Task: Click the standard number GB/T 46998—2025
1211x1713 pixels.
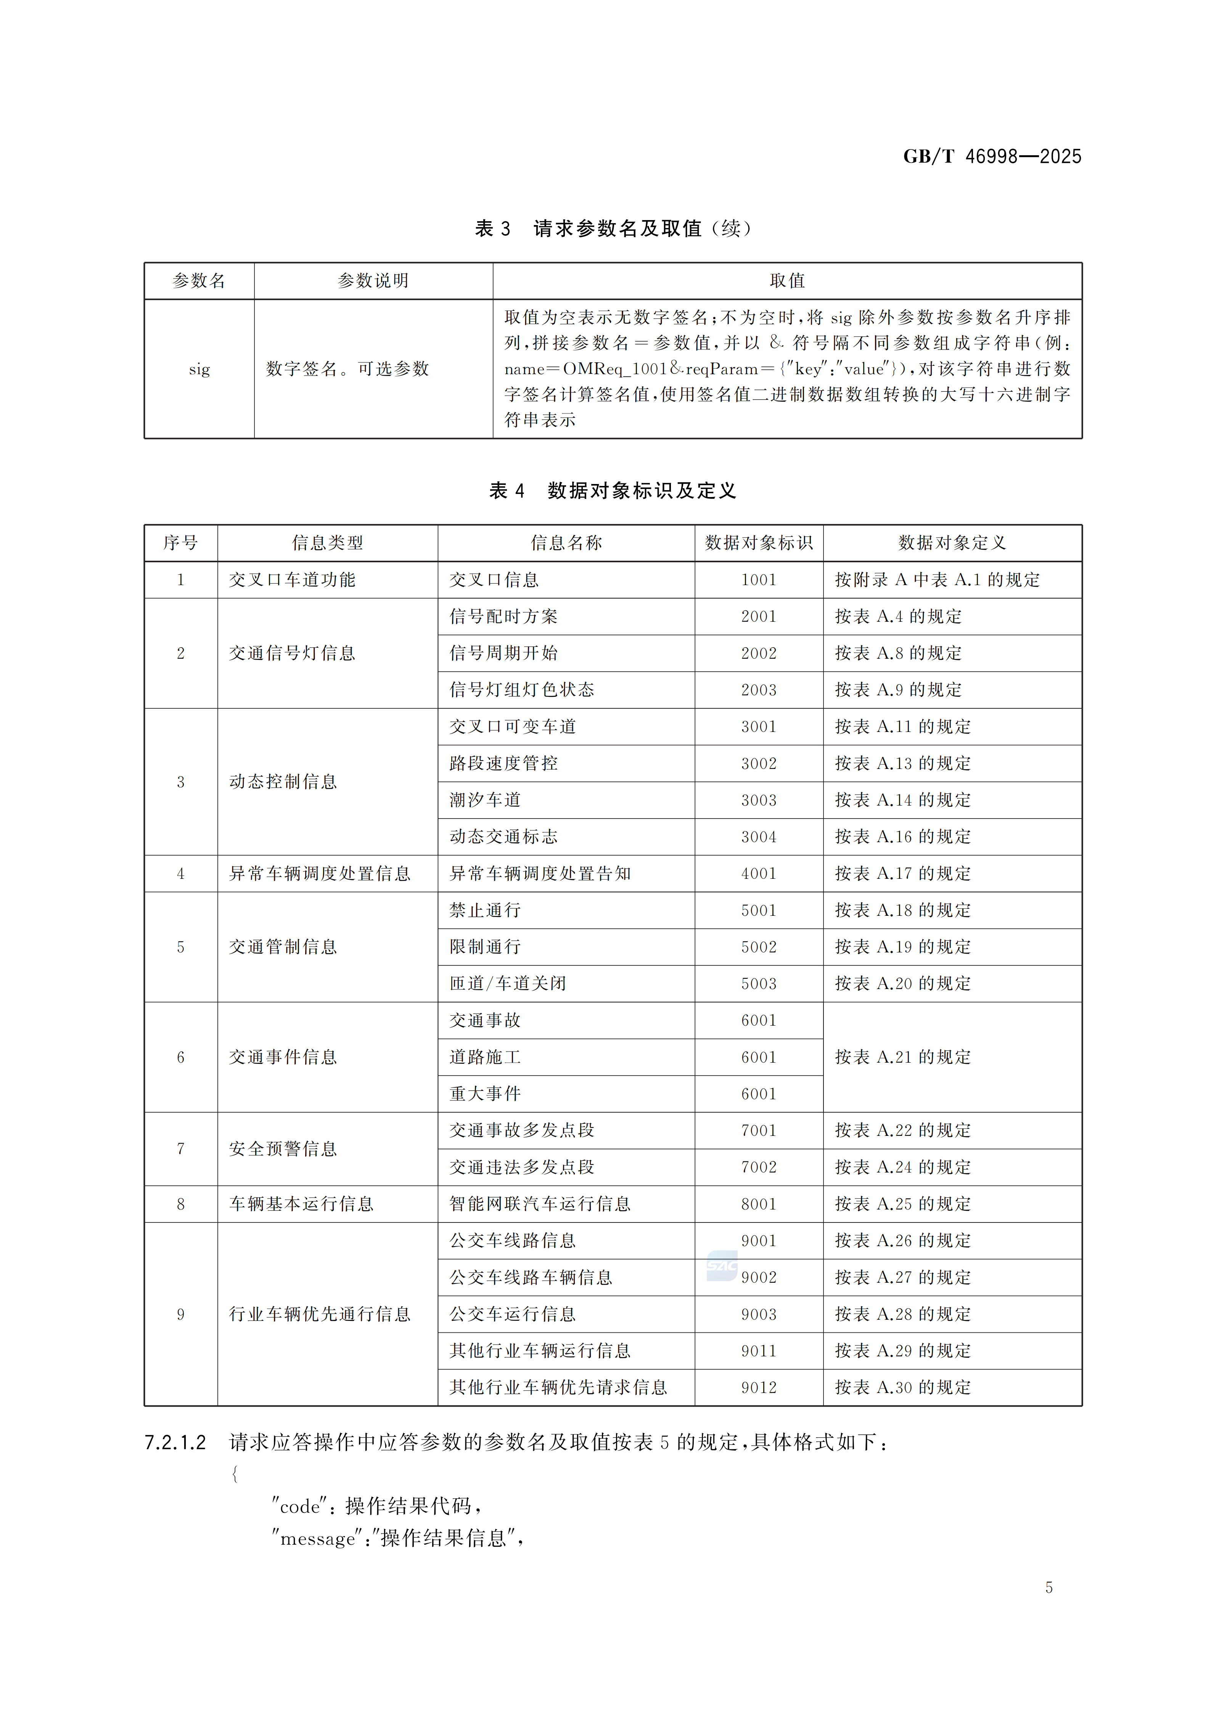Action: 992,157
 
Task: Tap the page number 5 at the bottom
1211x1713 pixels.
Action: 1049,1588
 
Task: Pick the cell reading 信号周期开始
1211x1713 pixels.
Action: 503,653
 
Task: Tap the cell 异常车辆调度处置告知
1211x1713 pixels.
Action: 540,873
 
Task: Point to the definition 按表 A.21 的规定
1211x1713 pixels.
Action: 903,1057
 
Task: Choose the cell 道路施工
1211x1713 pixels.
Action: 485,1057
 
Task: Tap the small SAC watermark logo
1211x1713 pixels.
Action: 722,1266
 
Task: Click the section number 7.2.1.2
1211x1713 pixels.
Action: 175,1443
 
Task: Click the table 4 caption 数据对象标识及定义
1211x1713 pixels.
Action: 642,491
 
